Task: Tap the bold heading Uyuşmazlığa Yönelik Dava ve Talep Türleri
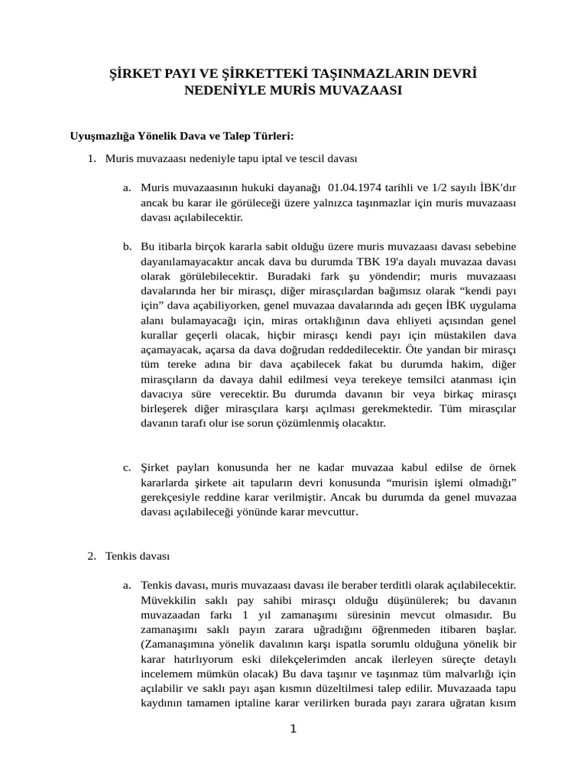(x=182, y=136)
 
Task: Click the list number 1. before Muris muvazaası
(x=92, y=159)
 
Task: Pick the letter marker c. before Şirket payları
(x=127, y=467)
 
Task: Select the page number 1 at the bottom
(x=293, y=729)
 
